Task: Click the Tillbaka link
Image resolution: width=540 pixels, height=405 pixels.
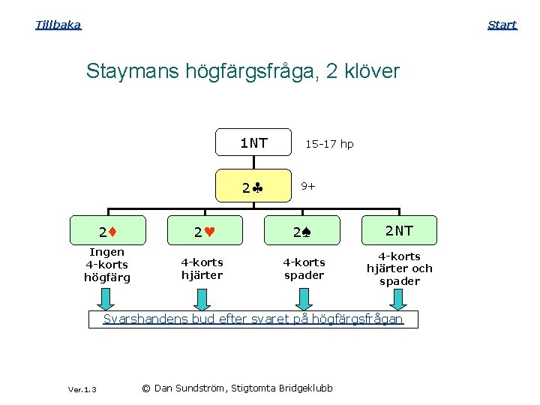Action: (58, 25)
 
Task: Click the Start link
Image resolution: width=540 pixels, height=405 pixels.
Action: (502, 25)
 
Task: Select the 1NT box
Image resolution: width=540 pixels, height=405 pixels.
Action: (253, 142)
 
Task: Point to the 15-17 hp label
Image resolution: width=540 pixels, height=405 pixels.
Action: (329, 144)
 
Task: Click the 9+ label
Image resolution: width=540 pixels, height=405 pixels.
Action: (308, 184)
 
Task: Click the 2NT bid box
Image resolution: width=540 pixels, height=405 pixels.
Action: (399, 230)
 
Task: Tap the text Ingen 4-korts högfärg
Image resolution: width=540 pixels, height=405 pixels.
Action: (107, 265)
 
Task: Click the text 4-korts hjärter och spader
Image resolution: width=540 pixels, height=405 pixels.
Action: (399, 268)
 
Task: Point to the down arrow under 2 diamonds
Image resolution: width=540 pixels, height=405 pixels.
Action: (107, 299)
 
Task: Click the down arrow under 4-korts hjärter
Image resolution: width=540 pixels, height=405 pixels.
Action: (202, 299)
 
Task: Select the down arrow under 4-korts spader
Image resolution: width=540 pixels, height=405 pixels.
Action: (303, 299)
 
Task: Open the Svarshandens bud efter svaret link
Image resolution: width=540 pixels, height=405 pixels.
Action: (253, 319)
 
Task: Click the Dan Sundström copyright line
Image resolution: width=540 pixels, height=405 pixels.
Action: (238, 388)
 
